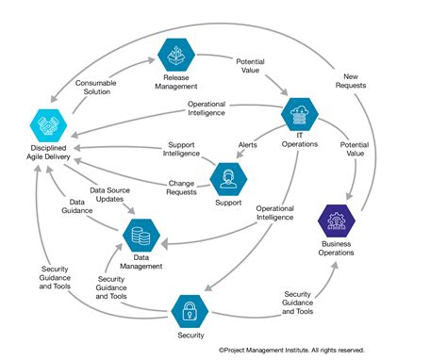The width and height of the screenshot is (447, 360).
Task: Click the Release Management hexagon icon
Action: tap(174, 54)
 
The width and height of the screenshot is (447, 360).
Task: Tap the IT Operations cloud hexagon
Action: tap(301, 115)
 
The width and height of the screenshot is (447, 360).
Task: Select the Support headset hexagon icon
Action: tap(227, 176)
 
